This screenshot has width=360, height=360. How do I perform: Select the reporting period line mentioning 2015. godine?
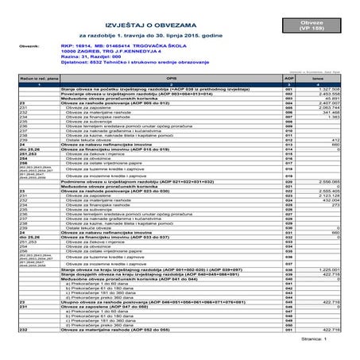146,36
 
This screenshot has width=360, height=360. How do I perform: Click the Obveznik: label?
50,47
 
